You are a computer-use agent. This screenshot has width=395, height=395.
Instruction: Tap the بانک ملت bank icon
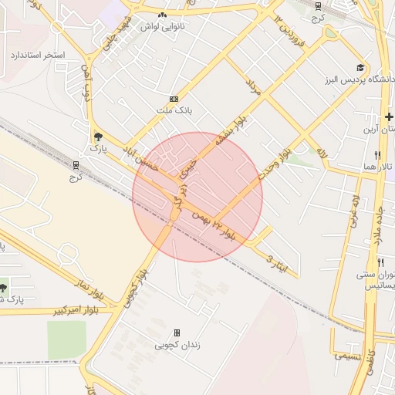174,99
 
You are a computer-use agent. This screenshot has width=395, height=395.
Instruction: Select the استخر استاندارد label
38,56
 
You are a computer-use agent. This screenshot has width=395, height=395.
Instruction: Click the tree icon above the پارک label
96,136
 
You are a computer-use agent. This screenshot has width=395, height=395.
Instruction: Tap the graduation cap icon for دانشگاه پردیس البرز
360,69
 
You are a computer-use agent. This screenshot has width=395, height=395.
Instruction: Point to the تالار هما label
379,167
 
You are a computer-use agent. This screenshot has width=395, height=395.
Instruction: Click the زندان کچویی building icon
177,333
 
